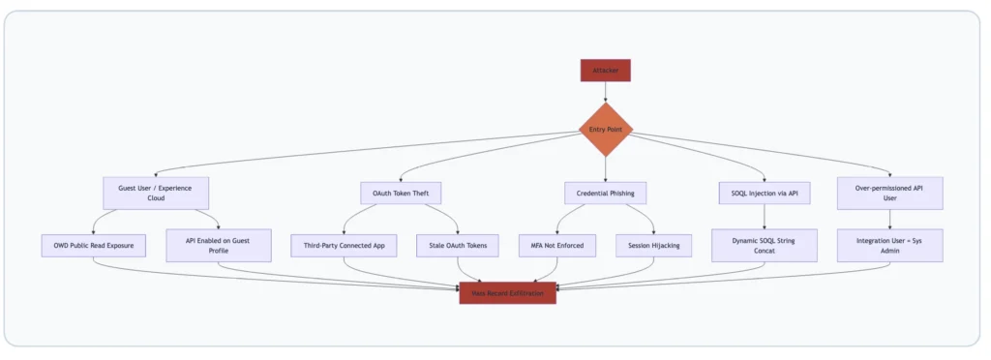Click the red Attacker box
pyautogui.click(x=605, y=71)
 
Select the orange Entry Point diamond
pyautogui.click(x=605, y=129)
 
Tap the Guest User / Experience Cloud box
pyautogui.click(x=156, y=193)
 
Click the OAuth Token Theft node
pyautogui.click(x=402, y=193)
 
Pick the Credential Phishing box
pyautogui.click(x=605, y=193)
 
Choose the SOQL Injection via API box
pyautogui.click(x=765, y=193)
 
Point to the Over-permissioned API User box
pyautogui.click(x=889, y=193)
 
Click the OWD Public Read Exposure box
pyautogui.click(x=94, y=246)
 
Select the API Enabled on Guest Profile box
pyautogui.click(x=219, y=246)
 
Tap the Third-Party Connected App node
pyautogui.click(x=344, y=246)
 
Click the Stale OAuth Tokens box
pyautogui.click(x=458, y=246)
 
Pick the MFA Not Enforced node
pyautogui.click(x=556, y=246)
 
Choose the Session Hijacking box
pyautogui.click(x=654, y=246)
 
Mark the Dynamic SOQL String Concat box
pyautogui.click(x=765, y=246)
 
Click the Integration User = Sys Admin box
pyautogui.click(x=889, y=246)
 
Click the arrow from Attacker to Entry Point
pyautogui.click(x=605, y=91)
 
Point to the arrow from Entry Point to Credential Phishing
pyautogui.click(x=605, y=168)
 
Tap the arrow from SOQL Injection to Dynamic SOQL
pyautogui.click(x=765, y=218)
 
